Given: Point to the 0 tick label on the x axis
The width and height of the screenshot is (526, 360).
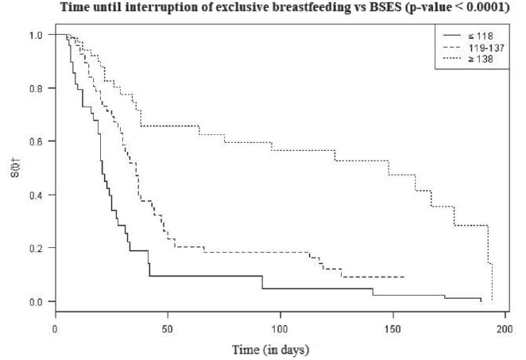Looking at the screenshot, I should pos(56,326).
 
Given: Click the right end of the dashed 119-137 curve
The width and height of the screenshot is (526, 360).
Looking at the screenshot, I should pos(404,277).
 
